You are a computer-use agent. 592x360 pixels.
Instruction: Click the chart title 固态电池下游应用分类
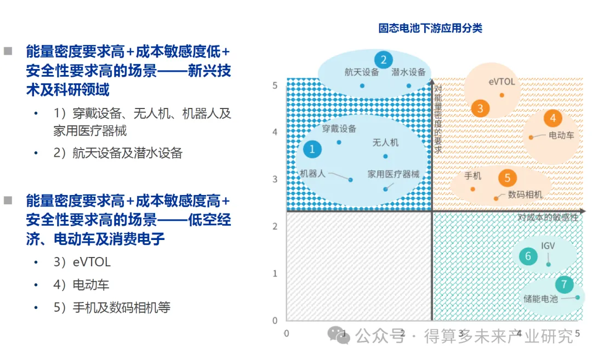(430, 28)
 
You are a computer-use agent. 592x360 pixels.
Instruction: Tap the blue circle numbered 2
(383, 60)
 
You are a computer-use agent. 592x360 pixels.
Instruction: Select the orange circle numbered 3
(480, 108)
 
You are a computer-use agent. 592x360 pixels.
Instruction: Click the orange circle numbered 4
(553, 118)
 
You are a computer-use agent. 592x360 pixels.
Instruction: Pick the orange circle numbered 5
(507, 178)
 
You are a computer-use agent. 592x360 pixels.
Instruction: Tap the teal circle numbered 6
(528, 256)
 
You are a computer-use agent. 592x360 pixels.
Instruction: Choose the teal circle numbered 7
(564, 284)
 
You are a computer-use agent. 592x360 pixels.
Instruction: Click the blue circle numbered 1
(312, 149)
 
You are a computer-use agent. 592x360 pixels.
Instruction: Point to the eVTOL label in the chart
(502, 82)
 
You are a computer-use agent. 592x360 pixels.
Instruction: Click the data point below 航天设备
(362, 85)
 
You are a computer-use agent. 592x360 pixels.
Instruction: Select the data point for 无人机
(385, 156)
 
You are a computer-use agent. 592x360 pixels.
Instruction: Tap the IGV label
(548, 245)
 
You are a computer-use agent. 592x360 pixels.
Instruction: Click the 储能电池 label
(540, 299)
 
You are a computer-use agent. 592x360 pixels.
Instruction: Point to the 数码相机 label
(525, 195)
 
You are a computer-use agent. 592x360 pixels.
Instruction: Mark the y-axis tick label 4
(275, 132)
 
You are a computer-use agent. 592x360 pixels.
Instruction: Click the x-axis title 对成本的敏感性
(548, 218)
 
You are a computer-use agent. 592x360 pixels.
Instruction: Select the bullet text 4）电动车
(81, 284)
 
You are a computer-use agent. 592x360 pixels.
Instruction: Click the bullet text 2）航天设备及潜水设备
(118, 153)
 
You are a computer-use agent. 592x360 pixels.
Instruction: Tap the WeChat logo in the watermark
(339, 335)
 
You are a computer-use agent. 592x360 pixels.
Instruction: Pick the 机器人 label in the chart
(312, 174)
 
